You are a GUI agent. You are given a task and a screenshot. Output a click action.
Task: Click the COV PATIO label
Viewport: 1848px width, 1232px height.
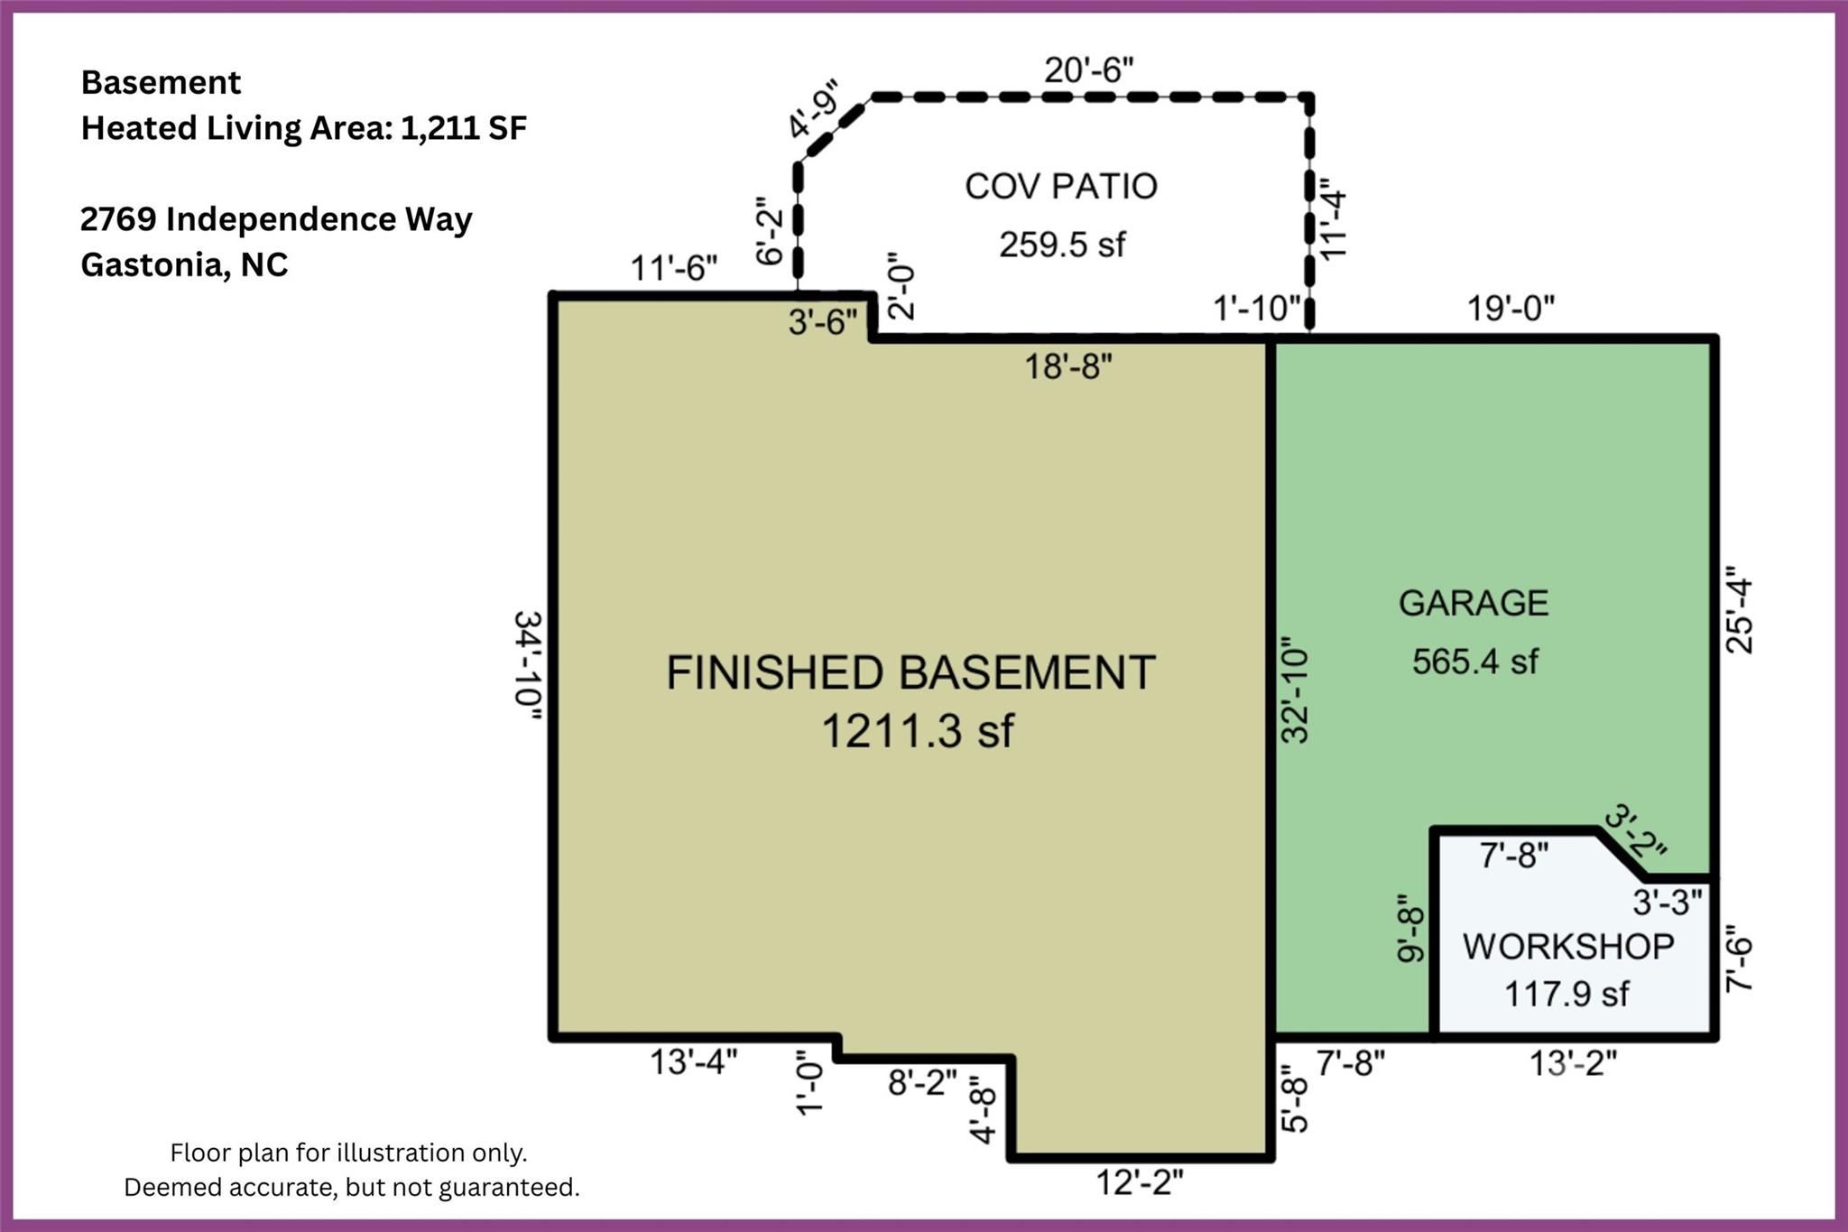point(1061,187)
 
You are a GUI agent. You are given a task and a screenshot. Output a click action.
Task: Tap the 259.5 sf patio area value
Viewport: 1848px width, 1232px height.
point(1062,245)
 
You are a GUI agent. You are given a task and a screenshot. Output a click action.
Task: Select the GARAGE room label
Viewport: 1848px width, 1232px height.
point(1474,603)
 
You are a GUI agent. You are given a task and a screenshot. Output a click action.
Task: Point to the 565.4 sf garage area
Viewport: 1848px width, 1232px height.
point(1474,662)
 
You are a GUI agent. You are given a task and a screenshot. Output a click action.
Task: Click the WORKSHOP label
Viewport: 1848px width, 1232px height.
point(1568,946)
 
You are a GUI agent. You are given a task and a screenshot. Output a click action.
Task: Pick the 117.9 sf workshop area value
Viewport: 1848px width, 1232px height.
point(1566,995)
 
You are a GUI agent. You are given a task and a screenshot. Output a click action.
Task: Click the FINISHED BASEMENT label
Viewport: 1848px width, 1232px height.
point(910,673)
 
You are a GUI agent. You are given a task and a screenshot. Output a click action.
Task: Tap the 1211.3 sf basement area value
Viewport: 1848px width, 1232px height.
point(918,730)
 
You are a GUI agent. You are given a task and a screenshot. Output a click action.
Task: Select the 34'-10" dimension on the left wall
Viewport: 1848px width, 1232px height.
point(528,665)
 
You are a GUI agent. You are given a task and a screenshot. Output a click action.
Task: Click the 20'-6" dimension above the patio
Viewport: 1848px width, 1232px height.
point(1089,69)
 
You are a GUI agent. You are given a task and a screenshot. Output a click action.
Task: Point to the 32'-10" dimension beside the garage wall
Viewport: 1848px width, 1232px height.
point(1296,690)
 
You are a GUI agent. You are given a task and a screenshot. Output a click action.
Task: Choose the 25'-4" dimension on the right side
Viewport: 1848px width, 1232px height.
point(1739,610)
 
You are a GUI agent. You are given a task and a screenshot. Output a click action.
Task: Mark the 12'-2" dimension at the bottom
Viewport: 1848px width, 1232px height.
point(1139,1181)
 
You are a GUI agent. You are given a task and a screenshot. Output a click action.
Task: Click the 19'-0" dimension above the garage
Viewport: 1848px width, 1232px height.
point(1511,309)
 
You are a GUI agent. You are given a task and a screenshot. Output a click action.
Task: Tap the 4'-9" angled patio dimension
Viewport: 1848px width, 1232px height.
point(814,109)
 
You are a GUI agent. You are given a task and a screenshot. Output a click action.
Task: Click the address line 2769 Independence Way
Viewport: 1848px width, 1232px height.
point(276,219)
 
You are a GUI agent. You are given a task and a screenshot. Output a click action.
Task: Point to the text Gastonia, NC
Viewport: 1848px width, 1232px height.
point(184,264)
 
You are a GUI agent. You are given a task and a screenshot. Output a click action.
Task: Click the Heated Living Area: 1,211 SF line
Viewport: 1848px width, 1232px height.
point(303,128)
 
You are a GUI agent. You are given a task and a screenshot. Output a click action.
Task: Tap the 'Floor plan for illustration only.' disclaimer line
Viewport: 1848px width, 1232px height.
point(348,1153)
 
